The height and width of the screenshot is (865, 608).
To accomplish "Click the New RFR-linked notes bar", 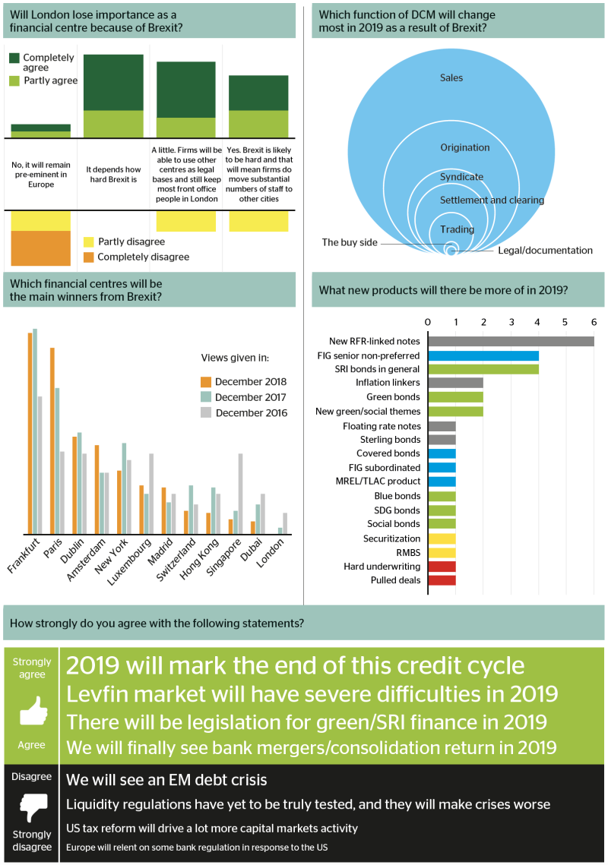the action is tap(511, 341).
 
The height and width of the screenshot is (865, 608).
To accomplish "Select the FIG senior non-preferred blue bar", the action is tap(483, 356).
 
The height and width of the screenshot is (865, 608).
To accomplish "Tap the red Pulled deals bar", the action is tap(442, 580).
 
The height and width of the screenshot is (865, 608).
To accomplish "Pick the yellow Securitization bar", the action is tap(442, 539).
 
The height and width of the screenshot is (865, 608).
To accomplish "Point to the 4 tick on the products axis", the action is tap(537, 322).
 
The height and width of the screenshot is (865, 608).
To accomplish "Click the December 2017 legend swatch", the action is tap(206, 397).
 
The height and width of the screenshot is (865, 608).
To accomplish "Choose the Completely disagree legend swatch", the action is tap(88, 257).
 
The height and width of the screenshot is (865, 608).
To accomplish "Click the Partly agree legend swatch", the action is tap(14, 81).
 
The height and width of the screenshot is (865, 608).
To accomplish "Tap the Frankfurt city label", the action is tap(24, 555).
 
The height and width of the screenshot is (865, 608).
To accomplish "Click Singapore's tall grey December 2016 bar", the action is tap(241, 494).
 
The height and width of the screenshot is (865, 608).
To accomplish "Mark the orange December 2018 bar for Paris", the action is tap(52, 440).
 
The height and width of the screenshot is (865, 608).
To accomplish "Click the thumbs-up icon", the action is tap(33, 711).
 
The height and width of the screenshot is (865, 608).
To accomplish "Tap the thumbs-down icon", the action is tap(33, 807).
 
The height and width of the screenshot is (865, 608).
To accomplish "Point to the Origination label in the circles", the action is tap(465, 147).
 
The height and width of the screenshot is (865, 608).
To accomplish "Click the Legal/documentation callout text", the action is tap(545, 251).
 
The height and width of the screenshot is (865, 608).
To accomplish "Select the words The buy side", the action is tap(350, 242).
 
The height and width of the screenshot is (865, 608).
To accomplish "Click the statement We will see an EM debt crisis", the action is tap(166, 780).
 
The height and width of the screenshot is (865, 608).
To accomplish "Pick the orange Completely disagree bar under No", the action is tap(41, 248).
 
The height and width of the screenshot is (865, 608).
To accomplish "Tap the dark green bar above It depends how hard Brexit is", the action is tap(113, 83).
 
